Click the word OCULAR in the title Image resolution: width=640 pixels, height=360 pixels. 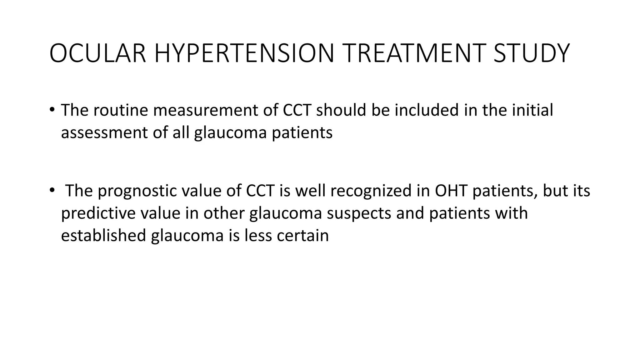[x=98, y=54]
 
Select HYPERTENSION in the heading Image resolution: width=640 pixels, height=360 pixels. [x=244, y=54]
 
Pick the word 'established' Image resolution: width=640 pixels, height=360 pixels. [x=103, y=235]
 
